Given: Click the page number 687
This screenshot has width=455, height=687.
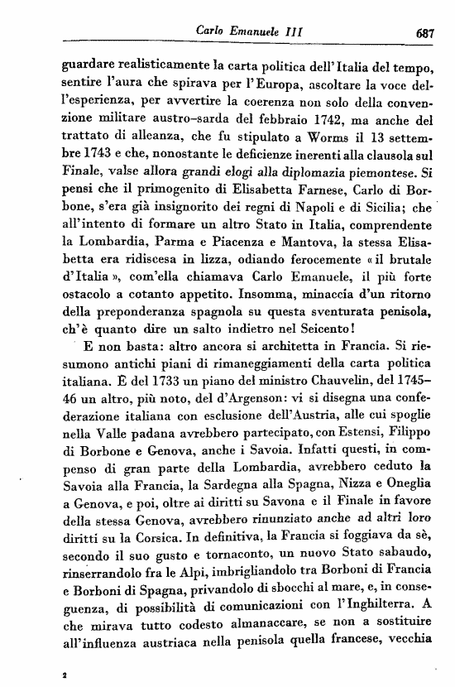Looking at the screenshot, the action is [x=427, y=35].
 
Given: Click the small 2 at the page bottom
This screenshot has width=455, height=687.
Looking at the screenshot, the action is [x=64, y=676].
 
